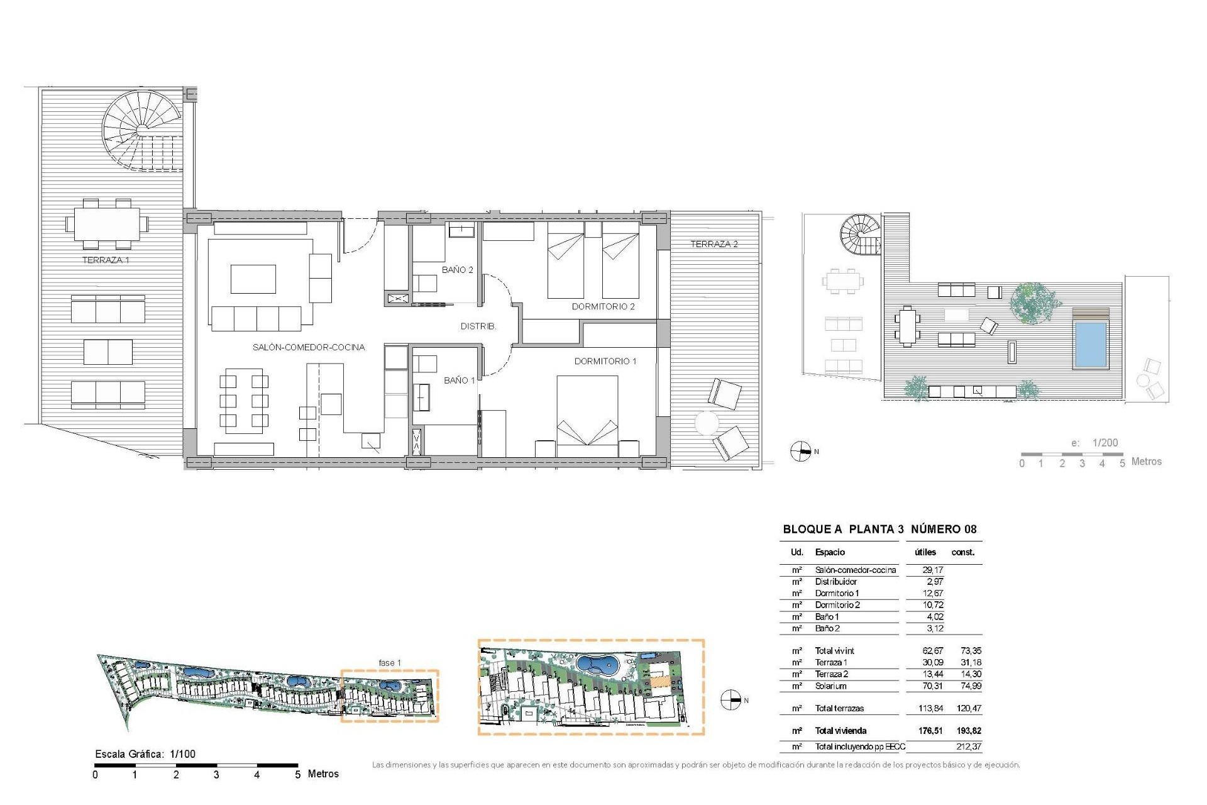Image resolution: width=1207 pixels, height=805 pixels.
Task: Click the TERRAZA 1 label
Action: coord(106,260)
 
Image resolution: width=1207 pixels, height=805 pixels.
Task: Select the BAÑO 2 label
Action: coord(457,270)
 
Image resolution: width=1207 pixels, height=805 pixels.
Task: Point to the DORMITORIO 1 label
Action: coord(605,361)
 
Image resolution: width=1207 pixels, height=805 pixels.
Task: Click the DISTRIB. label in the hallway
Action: coord(478,326)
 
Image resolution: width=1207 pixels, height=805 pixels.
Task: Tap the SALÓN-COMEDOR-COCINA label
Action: coord(308,347)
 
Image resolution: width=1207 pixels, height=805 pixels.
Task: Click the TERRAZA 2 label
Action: coord(714,244)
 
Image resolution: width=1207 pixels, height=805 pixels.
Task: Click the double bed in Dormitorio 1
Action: coord(587,415)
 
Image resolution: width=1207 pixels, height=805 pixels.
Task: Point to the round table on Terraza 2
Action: coord(707,423)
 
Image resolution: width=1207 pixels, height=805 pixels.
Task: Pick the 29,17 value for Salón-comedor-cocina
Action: coord(932,570)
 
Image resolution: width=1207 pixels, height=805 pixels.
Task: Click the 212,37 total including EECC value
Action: coord(968,747)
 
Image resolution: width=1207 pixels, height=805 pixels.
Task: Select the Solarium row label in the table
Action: coord(830,686)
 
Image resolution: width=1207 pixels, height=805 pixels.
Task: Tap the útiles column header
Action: coord(925,552)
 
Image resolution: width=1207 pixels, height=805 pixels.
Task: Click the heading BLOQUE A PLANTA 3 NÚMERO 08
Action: coord(879,530)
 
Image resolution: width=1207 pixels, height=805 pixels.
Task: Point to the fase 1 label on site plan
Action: coord(389,663)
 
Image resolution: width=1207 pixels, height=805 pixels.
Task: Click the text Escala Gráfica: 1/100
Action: coord(145,754)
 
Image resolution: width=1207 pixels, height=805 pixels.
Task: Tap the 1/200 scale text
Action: coord(1105,443)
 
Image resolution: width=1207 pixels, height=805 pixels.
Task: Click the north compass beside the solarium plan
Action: coord(800,452)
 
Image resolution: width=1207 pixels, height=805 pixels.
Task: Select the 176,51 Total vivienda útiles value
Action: coord(930,731)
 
